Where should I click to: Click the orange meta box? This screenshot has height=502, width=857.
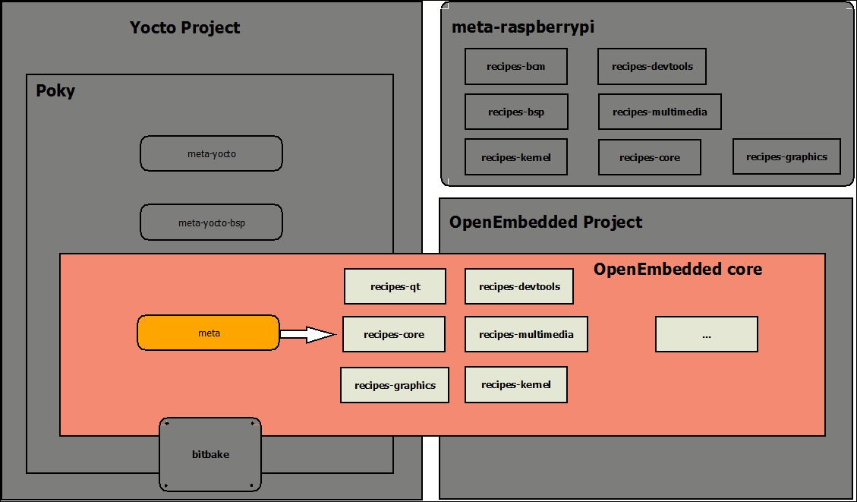coord(208,333)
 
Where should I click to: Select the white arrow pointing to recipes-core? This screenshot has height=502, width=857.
coord(307,334)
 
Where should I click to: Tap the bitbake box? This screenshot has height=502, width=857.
coord(210,454)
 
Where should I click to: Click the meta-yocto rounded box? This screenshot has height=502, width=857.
coord(212,153)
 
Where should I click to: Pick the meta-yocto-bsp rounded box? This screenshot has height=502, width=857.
coord(212,223)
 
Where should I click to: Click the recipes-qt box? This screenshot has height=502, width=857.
coord(395,286)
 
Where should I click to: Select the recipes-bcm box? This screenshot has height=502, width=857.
coord(516,66)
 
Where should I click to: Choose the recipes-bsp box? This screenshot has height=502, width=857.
coord(516,112)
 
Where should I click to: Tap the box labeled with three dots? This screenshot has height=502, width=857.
coord(707,334)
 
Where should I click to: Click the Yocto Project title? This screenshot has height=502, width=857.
coord(184,27)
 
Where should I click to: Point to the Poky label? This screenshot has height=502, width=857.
coord(55,91)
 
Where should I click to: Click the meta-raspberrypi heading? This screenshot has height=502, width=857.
coord(522,27)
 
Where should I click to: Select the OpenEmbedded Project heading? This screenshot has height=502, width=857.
coord(546,222)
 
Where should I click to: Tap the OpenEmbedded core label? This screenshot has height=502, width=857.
coord(678,269)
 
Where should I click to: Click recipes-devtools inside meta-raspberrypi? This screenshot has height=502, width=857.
coord(652,66)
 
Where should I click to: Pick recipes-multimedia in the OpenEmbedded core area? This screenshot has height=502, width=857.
coord(526,334)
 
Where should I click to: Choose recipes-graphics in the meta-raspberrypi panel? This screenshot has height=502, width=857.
coord(786,156)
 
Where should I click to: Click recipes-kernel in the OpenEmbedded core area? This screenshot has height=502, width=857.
coord(516,384)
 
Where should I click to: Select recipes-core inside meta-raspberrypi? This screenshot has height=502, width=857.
coord(649,157)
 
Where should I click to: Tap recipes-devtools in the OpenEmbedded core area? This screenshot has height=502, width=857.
coord(519,286)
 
